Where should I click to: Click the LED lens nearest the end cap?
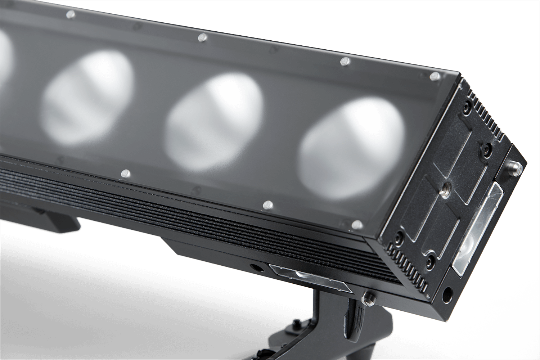353,148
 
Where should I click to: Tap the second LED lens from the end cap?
216,122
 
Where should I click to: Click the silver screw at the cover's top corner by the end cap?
434,76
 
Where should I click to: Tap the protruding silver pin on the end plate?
517,166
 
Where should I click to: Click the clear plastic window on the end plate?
478,230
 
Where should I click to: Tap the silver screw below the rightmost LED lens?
267,204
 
